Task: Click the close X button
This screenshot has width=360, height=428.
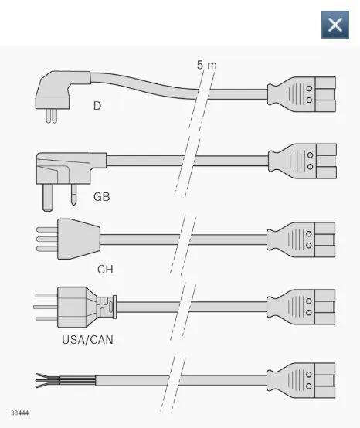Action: pyautogui.click(x=335, y=25)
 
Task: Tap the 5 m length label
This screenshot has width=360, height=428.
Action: pyautogui.click(x=206, y=65)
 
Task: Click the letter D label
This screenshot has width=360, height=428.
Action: pyautogui.click(x=97, y=106)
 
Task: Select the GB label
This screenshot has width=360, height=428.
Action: pyautogui.click(x=101, y=196)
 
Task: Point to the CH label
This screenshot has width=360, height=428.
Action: pyautogui.click(x=105, y=270)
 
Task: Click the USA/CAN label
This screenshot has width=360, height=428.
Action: pyautogui.click(x=87, y=340)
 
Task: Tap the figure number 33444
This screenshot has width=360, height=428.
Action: pyautogui.click(x=19, y=413)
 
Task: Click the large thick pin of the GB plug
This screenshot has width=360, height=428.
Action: pyautogui.click(x=47, y=197)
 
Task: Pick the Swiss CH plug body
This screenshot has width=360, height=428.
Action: pyautogui.click(x=79, y=239)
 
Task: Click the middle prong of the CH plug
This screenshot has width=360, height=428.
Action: pyautogui.click(x=47, y=239)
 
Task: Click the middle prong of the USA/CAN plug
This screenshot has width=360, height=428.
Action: pyautogui.click(x=46, y=307)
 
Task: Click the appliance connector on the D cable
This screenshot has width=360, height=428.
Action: pyautogui.click(x=301, y=94)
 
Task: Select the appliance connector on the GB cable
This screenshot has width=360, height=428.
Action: pyautogui.click(x=302, y=161)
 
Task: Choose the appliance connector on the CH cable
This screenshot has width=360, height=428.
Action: pyautogui.click(x=301, y=239)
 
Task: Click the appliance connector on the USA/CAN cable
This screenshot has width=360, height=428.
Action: pyautogui.click(x=301, y=307)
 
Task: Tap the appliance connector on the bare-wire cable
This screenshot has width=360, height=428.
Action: pyautogui.click(x=301, y=380)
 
